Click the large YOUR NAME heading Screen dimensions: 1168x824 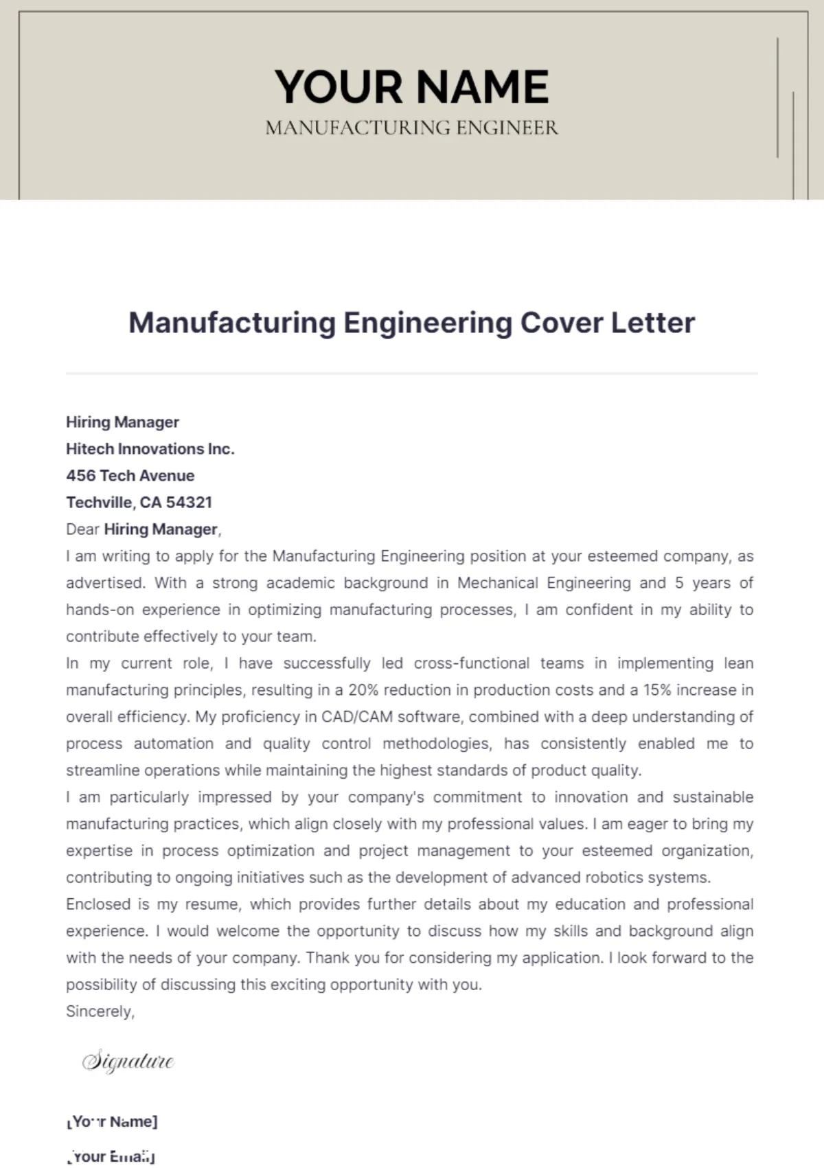tap(411, 87)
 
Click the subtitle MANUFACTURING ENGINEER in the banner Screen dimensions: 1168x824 tap(411, 128)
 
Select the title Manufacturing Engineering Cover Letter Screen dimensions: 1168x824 tap(411, 323)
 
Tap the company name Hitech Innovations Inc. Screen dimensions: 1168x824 tap(150, 449)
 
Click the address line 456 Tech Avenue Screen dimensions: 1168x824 tap(130, 476)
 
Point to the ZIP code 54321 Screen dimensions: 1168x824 tap(189, 503)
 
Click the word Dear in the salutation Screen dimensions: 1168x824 tap(82, 529)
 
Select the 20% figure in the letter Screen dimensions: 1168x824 tap(362, 690)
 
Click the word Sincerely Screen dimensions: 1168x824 tap(100, 1011)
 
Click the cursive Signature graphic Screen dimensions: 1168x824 tap(128, 1061)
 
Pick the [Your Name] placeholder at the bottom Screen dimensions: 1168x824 tap(112, 1122)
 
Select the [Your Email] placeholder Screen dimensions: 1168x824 tap(111, 1156)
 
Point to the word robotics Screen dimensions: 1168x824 tap(613, 878)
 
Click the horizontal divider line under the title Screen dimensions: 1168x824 tap(411, 374)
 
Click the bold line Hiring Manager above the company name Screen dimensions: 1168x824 tap(122, 422)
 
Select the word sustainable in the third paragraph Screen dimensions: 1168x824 tap(713, 797)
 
